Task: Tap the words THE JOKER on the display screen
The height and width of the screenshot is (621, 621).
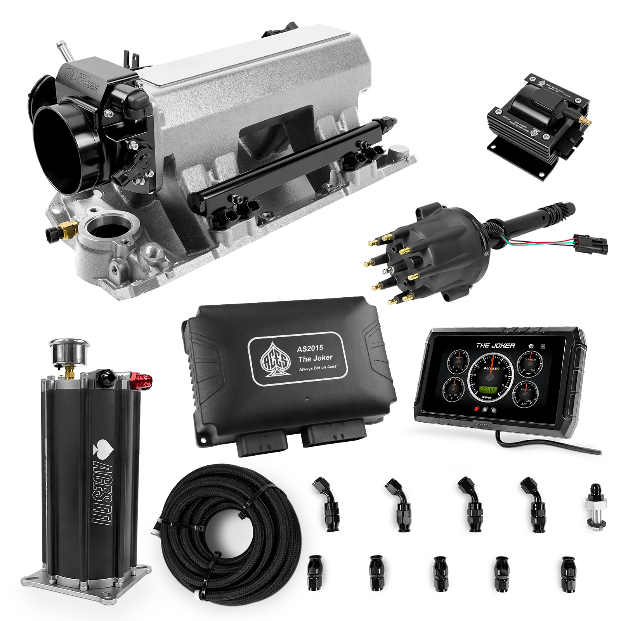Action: pyautogui.click(x=496, y=345)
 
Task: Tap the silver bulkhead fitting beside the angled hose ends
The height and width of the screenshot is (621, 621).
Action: pyautogui.click(x=593, y=505)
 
